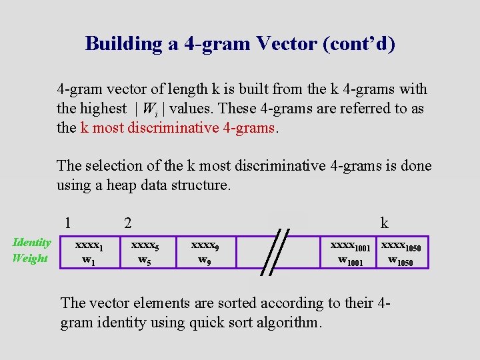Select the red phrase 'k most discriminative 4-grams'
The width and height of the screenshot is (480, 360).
177,127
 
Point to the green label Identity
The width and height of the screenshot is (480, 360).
31,243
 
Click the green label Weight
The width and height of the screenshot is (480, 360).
30,258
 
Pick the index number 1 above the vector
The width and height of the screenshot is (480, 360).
67,223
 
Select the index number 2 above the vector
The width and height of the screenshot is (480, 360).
128,223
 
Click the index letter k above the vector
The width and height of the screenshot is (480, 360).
384,223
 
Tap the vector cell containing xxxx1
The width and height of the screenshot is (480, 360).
89,252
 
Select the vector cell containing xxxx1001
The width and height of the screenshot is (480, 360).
351,252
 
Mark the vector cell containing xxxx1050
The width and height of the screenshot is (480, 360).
403,252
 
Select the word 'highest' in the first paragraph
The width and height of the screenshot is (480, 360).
103,109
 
